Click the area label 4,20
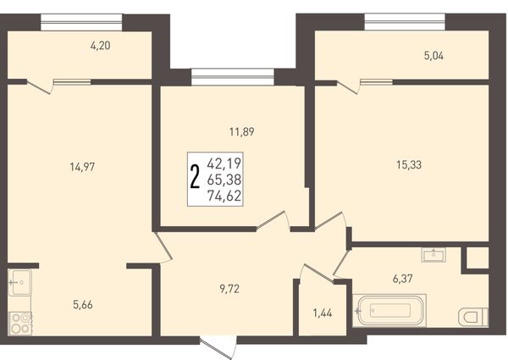[x=101, y=46]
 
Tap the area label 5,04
[x=433, y=56]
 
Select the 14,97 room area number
[x=83, y=167]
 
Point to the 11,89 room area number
[x=241, y=132]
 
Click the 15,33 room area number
[x=409, y=165]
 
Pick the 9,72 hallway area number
[x=229, y=289]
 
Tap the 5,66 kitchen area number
[x=83, y=305]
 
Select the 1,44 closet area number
[x=323, y=313]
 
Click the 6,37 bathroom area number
[x=403, y=279]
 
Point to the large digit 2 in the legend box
[x=195, y=176]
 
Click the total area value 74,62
[x=225, y=196]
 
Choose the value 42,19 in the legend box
[x=225, y=163]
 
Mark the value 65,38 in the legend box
[x=225, y=180]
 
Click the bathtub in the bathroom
[x=389, y=310]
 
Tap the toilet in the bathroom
[x=473, y=316]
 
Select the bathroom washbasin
[x=433, y=255]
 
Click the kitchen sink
[x=19, y=282]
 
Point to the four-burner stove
[x=19, y=324]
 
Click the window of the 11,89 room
[x=233, y=77]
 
